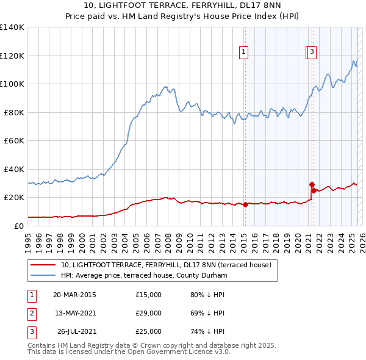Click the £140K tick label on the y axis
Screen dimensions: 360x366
(12, 27)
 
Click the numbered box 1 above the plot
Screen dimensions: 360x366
(243, 52)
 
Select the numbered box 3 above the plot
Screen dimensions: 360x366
(312, 52)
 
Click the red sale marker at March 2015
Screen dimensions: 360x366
(245, 204)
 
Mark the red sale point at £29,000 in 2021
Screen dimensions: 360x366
(311, 184)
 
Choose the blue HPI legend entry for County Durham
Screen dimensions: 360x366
(144, 276)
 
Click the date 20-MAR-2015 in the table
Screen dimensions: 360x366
(74, 295)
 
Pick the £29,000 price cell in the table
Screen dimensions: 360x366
(148, 313)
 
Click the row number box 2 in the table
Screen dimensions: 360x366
(31, 313)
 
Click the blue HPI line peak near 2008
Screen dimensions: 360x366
(166, 87)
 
